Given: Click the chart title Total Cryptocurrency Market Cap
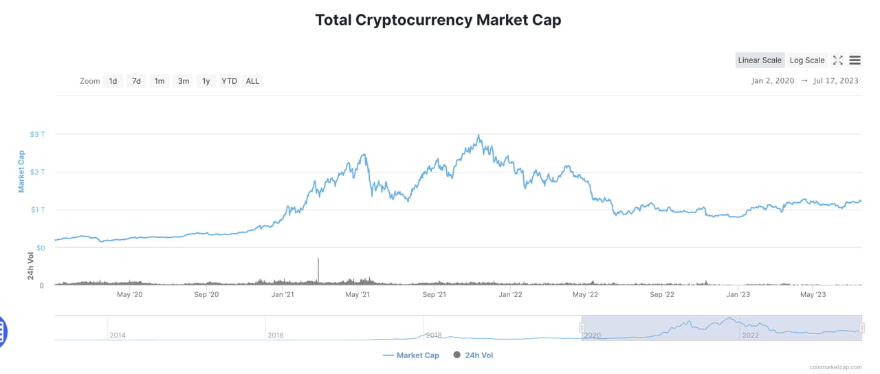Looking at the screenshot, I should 438,20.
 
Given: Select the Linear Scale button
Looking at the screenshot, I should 759,60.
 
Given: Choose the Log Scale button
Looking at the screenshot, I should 806,60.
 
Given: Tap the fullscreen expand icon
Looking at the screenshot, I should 837,60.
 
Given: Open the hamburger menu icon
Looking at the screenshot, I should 855,60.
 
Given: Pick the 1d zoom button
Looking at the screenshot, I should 113,81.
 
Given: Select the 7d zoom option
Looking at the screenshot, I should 136,81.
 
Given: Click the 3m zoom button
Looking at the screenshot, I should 183,81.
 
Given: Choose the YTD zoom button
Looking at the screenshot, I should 229,81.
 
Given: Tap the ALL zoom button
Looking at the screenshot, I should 252,81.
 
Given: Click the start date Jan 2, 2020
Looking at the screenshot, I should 773,81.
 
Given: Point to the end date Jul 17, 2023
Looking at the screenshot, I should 835,81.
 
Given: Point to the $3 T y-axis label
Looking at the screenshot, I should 38,134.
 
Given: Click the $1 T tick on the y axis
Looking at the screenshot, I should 38,210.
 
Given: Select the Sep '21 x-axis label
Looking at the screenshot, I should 434,295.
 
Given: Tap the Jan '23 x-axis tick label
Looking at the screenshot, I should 738,295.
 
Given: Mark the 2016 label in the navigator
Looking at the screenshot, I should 275,335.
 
